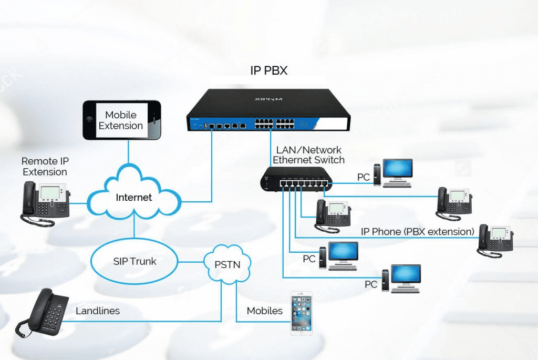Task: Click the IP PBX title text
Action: [269, 70]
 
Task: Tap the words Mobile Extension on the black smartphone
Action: [121, 120]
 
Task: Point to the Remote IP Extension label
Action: [45, 166]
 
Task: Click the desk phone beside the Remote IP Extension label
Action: [46, 202]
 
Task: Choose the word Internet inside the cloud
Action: [134, 198]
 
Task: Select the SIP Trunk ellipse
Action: [134, 261]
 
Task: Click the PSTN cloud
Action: [227, 264]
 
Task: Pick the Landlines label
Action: [98, 311]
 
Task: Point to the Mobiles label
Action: [265, 311]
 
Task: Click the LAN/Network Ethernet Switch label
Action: [308, 155]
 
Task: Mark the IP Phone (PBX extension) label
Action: [418, 232]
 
